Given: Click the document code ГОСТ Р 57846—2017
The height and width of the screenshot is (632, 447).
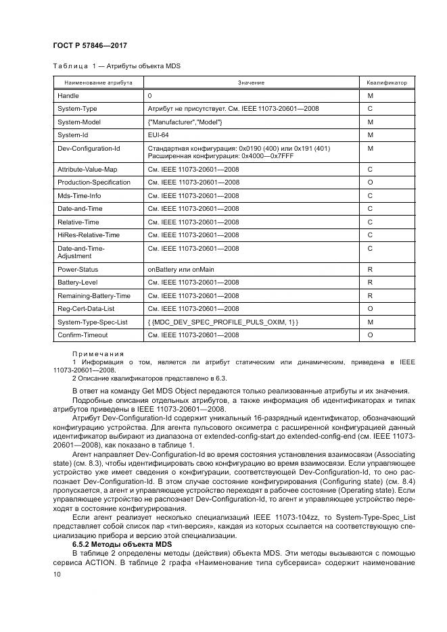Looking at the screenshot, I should (x=90, y=45).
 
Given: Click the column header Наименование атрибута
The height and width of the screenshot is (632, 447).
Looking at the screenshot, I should (x=98, y=82).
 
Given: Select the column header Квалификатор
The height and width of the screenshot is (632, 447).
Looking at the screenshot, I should (x=387, y=82).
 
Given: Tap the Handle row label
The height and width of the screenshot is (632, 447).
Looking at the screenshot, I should (x=68, y=96).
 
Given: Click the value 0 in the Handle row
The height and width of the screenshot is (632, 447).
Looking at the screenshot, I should (x=149, y=96).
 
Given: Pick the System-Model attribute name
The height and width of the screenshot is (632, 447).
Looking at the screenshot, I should (x=80, y=122).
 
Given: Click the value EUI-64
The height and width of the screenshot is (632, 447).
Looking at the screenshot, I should (x=158, y=135).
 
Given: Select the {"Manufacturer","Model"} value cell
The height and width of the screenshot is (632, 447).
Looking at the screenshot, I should (x=185, y=122).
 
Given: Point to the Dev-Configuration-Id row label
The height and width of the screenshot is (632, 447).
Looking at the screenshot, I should (x=89, y=147).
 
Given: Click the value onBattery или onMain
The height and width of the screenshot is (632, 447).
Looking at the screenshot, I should (x=181, y=269).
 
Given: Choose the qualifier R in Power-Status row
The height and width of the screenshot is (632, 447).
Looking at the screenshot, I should (x=370, y=269).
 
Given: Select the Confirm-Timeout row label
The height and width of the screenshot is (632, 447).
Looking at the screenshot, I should (x=83, y=335).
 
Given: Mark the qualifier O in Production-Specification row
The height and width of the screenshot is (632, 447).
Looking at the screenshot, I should (x=370, y=183).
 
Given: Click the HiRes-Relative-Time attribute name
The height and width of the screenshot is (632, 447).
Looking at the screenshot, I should (x=89, y=235).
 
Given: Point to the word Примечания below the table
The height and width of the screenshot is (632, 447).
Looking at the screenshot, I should (x=98, y=354).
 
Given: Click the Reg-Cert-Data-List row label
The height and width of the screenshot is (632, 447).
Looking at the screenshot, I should (x=86, y=308).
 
